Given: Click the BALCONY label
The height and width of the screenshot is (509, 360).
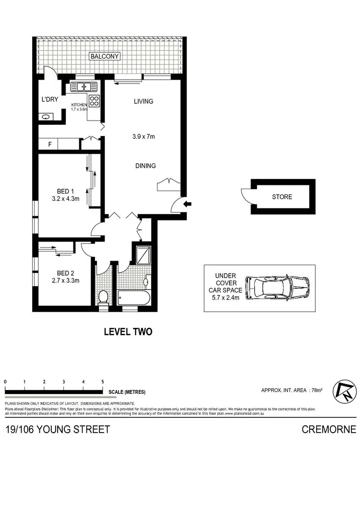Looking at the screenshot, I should pos(105,56).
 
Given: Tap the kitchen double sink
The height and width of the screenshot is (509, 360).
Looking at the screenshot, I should pos(84,87).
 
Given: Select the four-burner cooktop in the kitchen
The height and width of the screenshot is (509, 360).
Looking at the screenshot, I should pos(95,101).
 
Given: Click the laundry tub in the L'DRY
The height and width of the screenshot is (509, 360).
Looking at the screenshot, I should pos(47,116).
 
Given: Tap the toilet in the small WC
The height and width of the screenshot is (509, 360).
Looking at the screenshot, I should pos(102,298).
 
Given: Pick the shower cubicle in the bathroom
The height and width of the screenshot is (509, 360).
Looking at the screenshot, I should pos(143,255).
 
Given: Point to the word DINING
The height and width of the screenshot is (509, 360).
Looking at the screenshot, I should pos(145,166).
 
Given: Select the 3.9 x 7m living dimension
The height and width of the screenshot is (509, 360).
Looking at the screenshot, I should pos(144,137).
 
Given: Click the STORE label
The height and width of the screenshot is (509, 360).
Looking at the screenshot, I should pos(282,197).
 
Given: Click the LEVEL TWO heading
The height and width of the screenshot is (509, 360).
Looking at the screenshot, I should pos(128,332).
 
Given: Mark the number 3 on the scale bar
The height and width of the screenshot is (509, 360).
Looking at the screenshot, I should pos(63,381).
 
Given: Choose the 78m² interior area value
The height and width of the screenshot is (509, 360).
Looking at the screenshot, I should pos(316,390).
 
